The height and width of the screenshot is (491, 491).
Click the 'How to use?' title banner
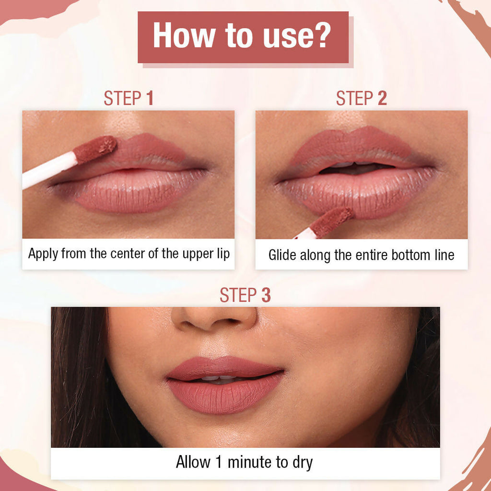click(243, 37)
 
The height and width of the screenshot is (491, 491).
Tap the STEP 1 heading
click(129, 98)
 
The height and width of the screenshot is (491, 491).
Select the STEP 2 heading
click(361, 98)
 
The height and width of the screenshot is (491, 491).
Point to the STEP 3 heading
click(245, 295)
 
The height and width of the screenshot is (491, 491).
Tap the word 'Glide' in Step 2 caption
click(282, 255)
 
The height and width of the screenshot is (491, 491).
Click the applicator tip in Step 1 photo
click(95, 149)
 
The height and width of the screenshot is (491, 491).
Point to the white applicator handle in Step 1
click(48, 171)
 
